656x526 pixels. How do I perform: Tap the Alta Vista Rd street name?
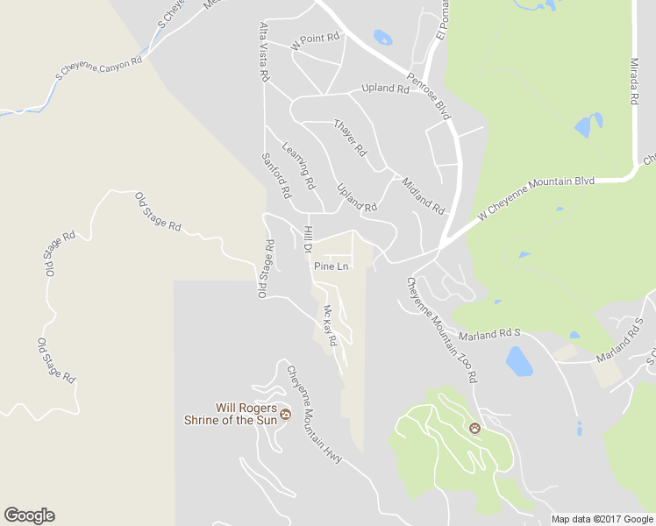264,53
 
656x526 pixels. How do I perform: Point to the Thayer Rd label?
349,138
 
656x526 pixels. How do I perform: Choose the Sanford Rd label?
275,175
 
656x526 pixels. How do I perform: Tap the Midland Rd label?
423,196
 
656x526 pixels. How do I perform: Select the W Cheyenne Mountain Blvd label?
536,200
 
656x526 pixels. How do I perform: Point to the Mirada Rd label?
633,82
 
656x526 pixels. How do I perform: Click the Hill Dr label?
307,239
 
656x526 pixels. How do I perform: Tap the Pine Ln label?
332,266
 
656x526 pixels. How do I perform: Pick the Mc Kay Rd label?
330,325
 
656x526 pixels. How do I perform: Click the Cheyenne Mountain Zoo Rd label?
441,330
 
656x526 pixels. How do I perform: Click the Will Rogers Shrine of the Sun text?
247,414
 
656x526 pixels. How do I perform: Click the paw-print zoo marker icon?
474,429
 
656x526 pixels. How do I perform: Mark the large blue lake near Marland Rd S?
519,360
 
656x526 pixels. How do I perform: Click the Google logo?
29,515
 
